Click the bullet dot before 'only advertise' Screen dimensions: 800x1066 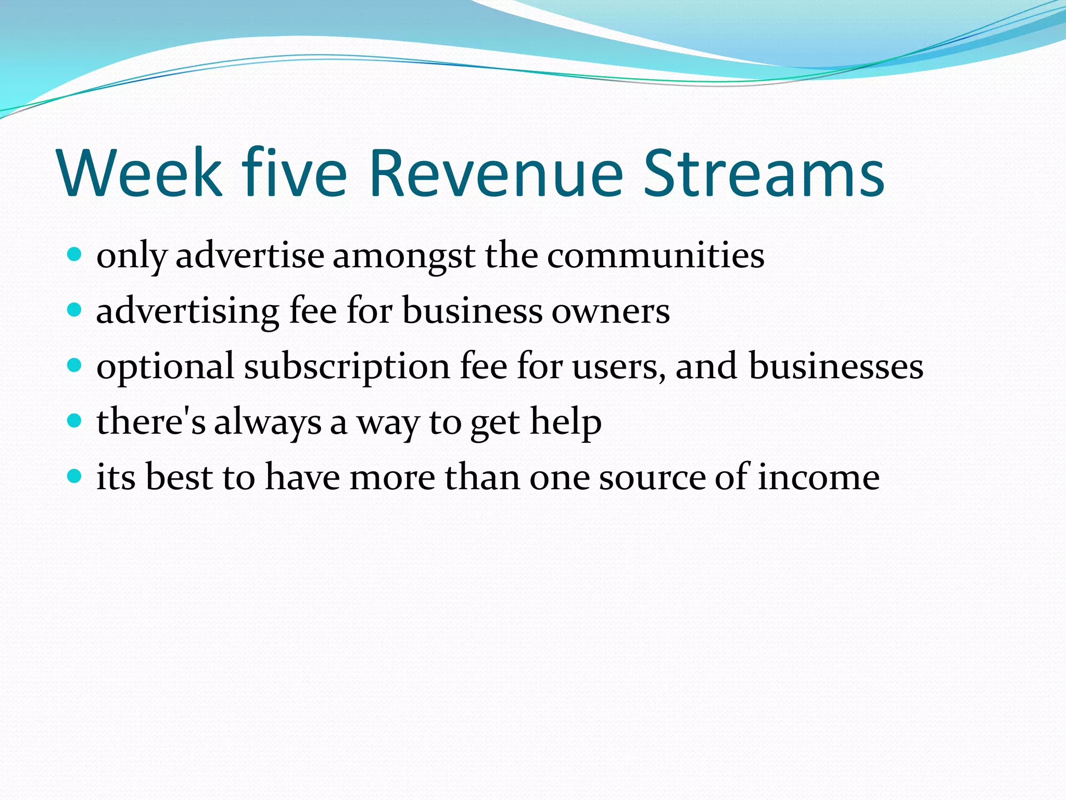pyautogui.click(x=75, y=255)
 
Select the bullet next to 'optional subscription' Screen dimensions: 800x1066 pyautogui.click(x=75, y=366)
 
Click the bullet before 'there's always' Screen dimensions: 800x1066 pyautogui.click(x=75, y=421)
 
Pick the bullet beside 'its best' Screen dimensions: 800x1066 pyautogui.click(x=75, y=476)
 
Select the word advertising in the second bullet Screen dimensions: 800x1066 pyautogui.click(x=188, y=311)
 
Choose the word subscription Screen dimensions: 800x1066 pyautogui.click(x=347, y=367)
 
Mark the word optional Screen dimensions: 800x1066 pyautogui.click(x=165, y=367)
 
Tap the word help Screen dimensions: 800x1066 pyautogui.click(x=566, y=422)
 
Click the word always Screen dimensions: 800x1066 pyautogui.click(x=268, y=422)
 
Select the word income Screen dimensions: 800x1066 pyautogui.click(x=818, y=477)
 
